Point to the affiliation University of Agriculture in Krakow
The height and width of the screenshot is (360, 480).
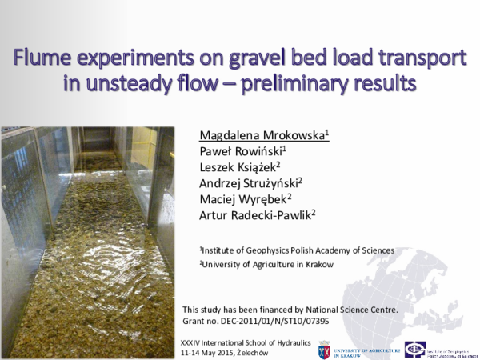pyautogui.click(x=267, y=264)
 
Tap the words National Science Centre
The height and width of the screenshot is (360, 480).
pyautogui.click(x=352, y=309)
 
